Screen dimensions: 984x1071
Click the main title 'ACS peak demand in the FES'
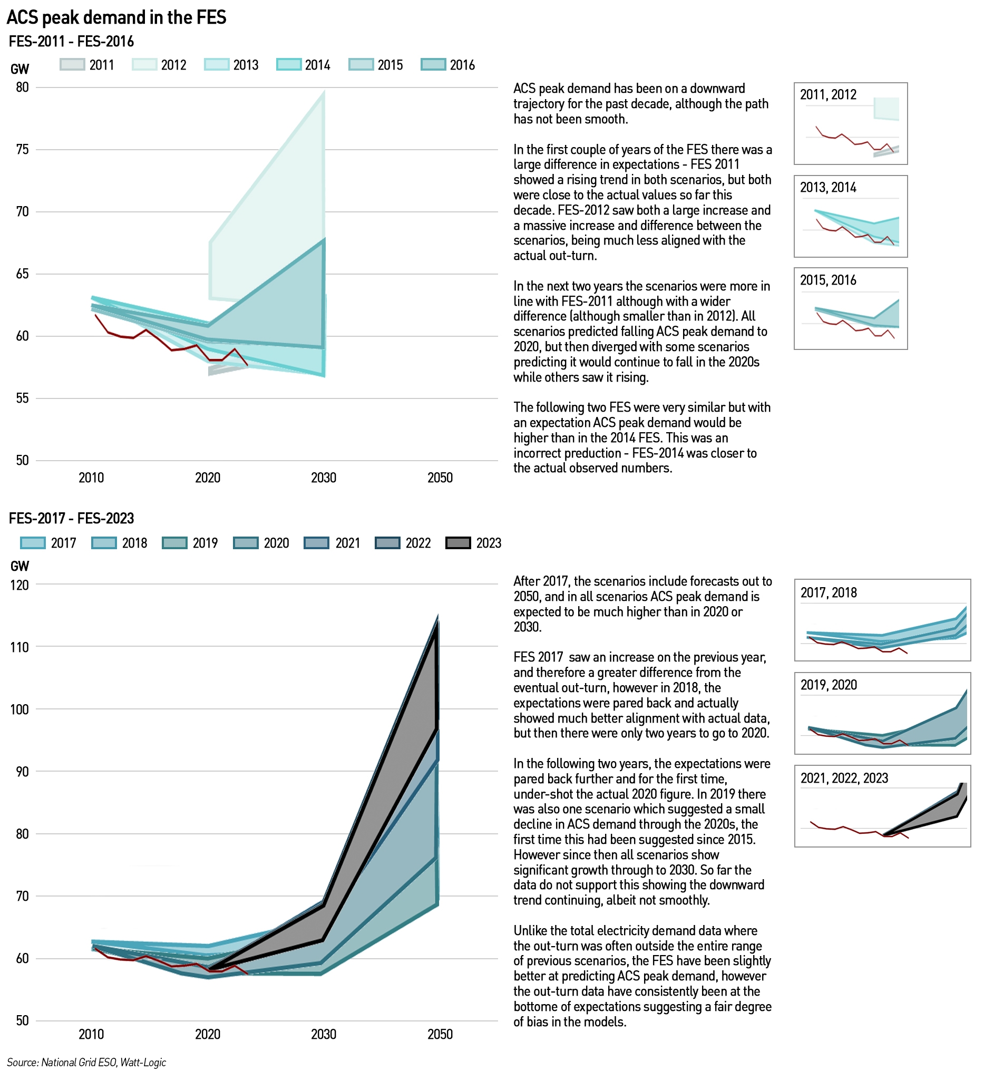116,17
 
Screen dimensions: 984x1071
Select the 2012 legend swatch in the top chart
145,64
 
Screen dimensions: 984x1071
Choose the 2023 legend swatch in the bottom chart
459,543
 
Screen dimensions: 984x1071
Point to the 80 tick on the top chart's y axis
22,87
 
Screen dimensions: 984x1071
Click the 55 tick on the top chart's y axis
22,398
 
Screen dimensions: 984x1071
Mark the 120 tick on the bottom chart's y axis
20,585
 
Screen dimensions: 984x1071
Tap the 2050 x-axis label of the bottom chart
440,1034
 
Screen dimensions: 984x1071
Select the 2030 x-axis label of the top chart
324,477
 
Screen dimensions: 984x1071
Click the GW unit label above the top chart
20,69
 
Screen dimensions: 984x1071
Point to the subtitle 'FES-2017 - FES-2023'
71,518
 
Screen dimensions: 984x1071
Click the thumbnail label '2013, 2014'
828,188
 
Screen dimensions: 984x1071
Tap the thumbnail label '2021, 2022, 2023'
844,778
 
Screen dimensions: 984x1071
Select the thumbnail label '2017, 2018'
829,593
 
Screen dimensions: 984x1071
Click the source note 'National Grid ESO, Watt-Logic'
104,1063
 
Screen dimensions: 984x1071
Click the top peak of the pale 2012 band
324,92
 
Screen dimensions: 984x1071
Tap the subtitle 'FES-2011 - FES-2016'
71,42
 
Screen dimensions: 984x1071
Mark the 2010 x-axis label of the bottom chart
91,1034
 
